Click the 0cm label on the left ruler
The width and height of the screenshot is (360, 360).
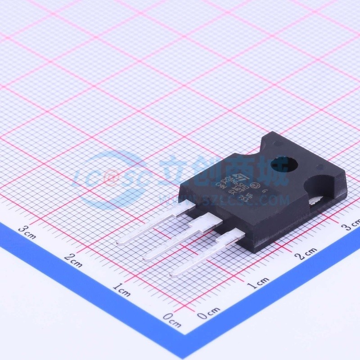click(x=172, y=320)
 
